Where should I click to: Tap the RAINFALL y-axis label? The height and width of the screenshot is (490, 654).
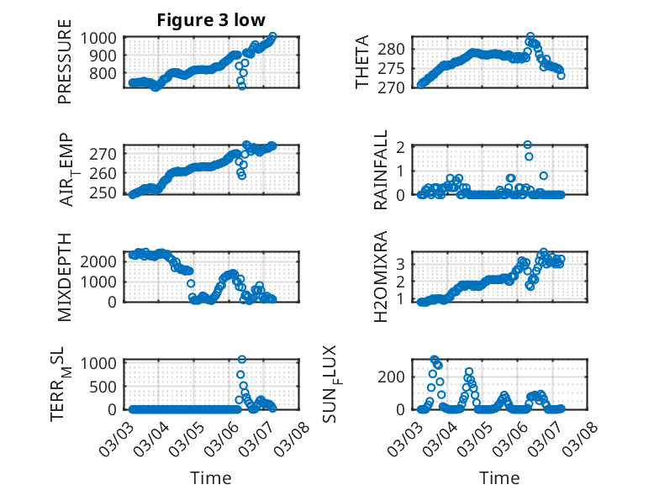381,170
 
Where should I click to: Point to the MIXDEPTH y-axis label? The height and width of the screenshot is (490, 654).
65,277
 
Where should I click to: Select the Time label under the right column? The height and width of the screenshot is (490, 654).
499,477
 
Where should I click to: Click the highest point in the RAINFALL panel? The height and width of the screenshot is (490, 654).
528,145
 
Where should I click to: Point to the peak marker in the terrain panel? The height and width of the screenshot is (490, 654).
242,360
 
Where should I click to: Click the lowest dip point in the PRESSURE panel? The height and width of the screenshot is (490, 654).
242,86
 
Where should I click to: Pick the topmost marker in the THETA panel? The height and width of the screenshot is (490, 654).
530,37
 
